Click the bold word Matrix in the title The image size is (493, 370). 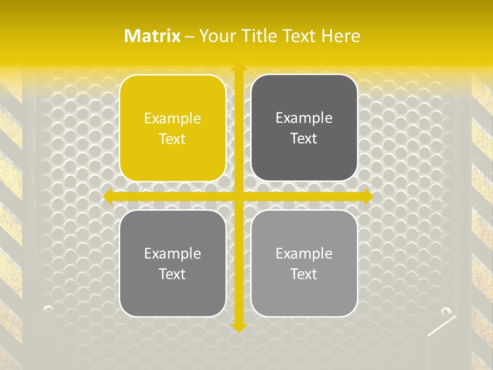pos(153,36)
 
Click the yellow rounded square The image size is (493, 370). pos(173,128)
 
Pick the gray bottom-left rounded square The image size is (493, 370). pos(173,263)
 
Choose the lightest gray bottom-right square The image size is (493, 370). pos(304,263)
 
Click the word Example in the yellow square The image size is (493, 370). pos(173,118)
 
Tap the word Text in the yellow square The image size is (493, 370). pos(173,139)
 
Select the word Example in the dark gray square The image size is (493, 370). pos(304,118)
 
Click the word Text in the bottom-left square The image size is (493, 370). pos(173,274)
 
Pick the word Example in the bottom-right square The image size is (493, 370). pos(304,253)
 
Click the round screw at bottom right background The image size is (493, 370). pos(446,311)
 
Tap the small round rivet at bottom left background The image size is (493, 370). pos(48,308)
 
